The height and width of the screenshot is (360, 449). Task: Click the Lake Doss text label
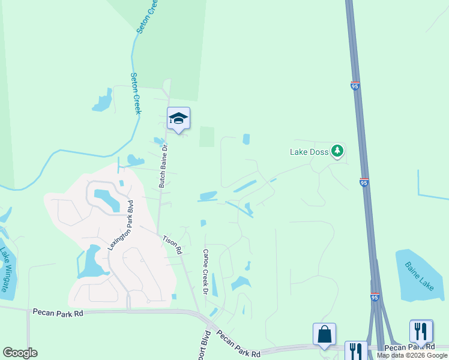[309, 152]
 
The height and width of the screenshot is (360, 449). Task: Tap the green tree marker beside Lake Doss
[337, 151]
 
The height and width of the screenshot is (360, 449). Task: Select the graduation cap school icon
[178, 117]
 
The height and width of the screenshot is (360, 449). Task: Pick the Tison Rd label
[172, 245]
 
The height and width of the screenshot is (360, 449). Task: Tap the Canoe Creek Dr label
[205, 272]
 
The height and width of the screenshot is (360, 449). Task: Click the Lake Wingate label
[5, 269]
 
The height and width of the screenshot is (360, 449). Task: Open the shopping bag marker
[324, 334]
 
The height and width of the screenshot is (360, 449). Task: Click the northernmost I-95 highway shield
[355, 86]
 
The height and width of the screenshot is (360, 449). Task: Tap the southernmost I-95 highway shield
[375, 297]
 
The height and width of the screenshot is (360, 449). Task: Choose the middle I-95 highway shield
[364, 182]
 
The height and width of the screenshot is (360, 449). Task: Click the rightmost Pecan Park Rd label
[409, 347]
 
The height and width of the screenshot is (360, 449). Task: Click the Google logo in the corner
[19, 353]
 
